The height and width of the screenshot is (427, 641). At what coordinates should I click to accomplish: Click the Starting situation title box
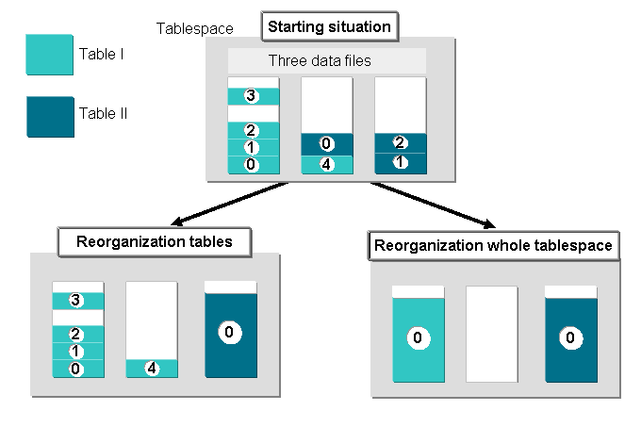(x=330, y=26)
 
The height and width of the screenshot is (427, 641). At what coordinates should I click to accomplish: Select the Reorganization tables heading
(x=154, y=242)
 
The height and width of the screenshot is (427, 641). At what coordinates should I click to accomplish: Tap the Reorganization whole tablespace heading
(x=493, y=246)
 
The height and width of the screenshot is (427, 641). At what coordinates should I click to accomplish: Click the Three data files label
(x=320, y=61)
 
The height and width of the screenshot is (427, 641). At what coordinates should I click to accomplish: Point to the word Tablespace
(x=194, y=28)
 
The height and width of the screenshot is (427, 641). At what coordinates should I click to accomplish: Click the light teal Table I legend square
(x=49, y=55)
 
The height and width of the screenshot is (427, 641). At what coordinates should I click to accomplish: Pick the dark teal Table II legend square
(x=50, y=117)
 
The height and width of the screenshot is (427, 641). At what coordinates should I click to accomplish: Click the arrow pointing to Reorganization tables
(x=229, y=204)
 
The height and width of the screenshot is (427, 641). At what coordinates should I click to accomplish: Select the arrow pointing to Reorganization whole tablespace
(x=434, y=205)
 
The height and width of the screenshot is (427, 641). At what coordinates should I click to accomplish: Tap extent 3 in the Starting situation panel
(x=254, y=96)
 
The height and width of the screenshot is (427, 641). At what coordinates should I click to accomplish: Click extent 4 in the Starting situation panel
(x=327, y=165)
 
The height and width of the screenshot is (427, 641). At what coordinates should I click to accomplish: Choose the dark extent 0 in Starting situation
(x=327, y=144)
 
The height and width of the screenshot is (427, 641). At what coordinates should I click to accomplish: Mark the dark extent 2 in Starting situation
(x=401, y=143)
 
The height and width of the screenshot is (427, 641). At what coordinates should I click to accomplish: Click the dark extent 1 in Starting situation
(x=401, y=163)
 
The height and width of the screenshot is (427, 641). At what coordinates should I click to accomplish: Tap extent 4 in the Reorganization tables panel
(x=152, y=369)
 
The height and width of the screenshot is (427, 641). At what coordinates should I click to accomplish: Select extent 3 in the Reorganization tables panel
(x=78, y=301)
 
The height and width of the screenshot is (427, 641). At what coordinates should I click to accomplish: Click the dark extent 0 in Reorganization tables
(x=231, y=335)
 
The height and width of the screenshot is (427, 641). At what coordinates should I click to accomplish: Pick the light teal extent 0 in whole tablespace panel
(x=419, y=340)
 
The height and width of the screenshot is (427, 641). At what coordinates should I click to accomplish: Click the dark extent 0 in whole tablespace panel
(x=571, y=340)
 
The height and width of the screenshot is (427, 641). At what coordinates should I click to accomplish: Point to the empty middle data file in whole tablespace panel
(x=492, y=335)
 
